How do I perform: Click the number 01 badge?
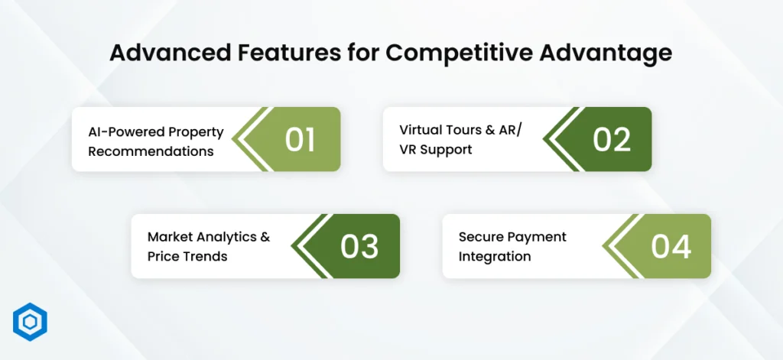[300, 139]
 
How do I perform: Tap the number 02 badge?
[611, 139]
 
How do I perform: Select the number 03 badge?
[359, 246]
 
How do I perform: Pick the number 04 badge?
[671, 246]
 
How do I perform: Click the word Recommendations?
[151, 151]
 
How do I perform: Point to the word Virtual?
[420, 129]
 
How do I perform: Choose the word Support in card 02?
[447, 149]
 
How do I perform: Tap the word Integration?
[494, 256]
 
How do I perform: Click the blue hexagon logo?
[31, 322]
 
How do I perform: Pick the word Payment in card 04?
[538, 236]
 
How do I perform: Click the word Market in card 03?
[169, 236]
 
